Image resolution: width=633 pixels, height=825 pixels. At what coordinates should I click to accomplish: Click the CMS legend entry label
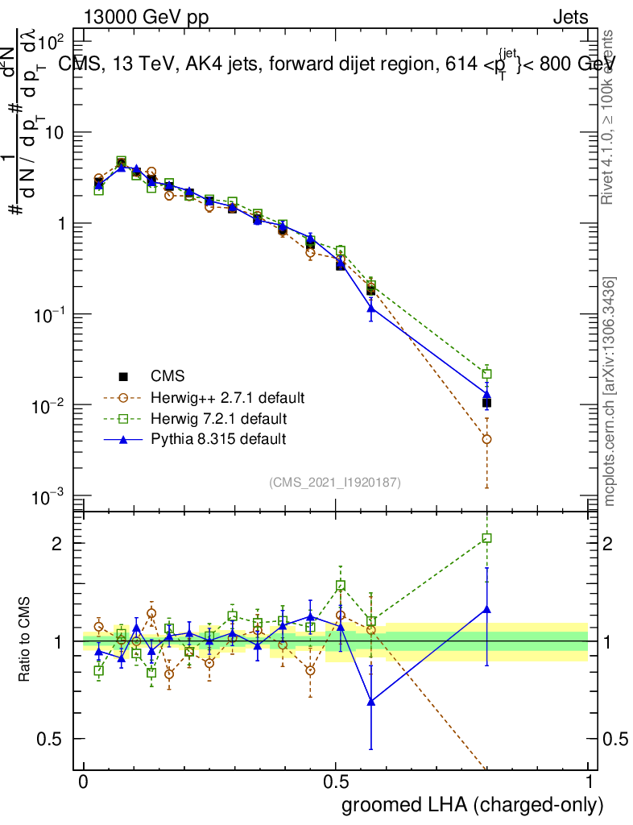pyautogui.click(x=168, y=376)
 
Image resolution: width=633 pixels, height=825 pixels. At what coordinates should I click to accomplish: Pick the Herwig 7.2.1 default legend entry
pyautogui.click(x=218, y=419)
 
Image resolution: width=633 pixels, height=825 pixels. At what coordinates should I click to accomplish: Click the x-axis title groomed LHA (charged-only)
pyautogui.click(x=474, y=804)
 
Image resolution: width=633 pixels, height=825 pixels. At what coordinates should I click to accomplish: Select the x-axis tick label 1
pyautogui.click(x=590, y=782)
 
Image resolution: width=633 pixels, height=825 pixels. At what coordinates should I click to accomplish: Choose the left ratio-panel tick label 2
pyautogui.click(x=68, y=543)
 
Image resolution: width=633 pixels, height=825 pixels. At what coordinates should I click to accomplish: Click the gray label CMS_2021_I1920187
pyautogui.click(x=335, y=482)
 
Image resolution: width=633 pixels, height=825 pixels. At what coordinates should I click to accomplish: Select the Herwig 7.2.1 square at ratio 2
pyautogui.click(x=486, y=538)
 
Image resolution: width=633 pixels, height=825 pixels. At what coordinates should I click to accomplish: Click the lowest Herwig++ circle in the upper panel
pyautogui.click(x=486, y=439)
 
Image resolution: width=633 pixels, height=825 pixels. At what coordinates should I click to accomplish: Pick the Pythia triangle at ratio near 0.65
pyautogui.click(x=371, y=702)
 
